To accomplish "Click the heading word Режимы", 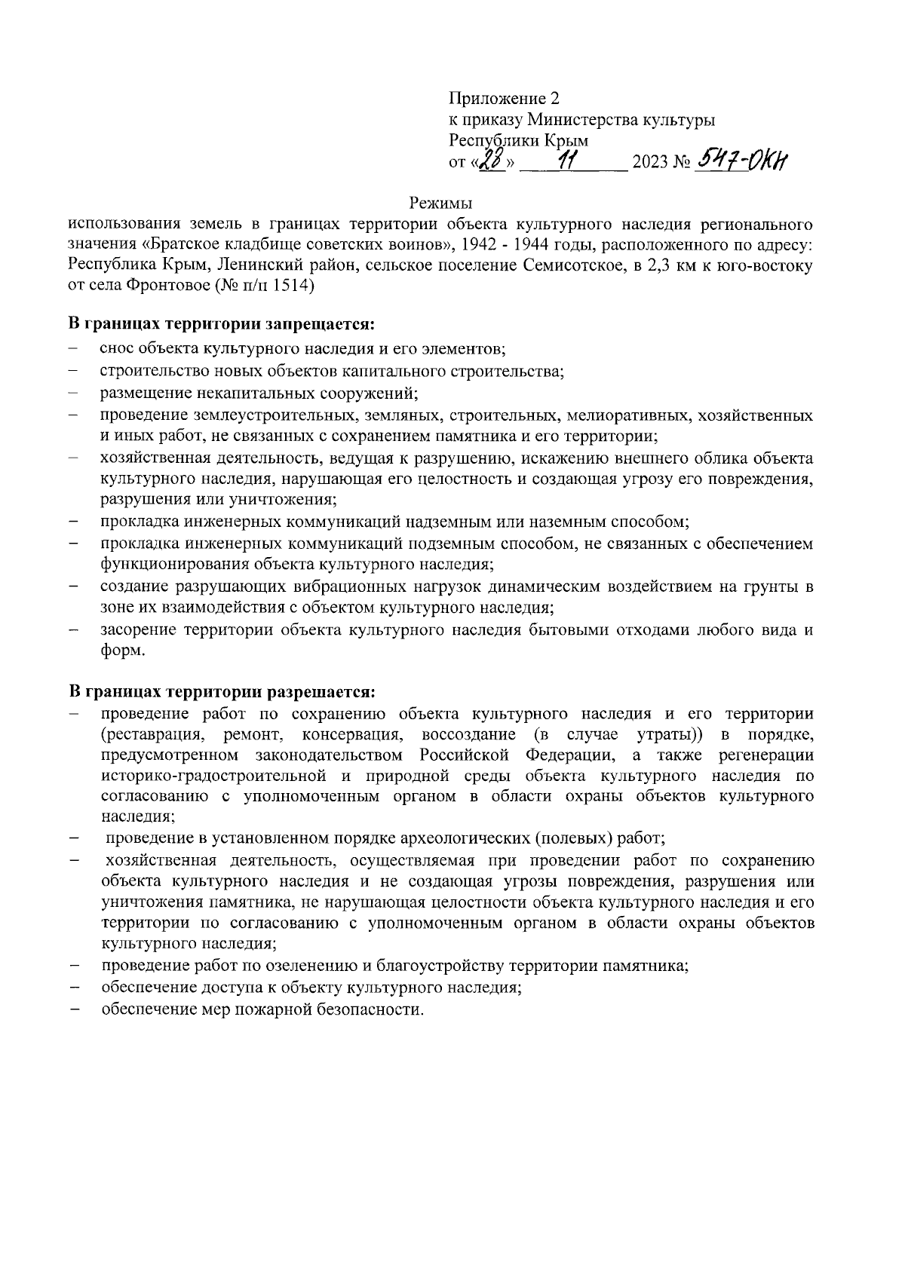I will coord(441,204).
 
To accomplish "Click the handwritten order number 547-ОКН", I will coord(743,160).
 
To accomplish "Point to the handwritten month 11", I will coord(571,161).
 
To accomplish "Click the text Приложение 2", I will coord(505,99).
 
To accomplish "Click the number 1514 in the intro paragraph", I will coord(293,287).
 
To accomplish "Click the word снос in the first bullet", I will coord(115,350).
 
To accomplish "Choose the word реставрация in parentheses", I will coord(156,734).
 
